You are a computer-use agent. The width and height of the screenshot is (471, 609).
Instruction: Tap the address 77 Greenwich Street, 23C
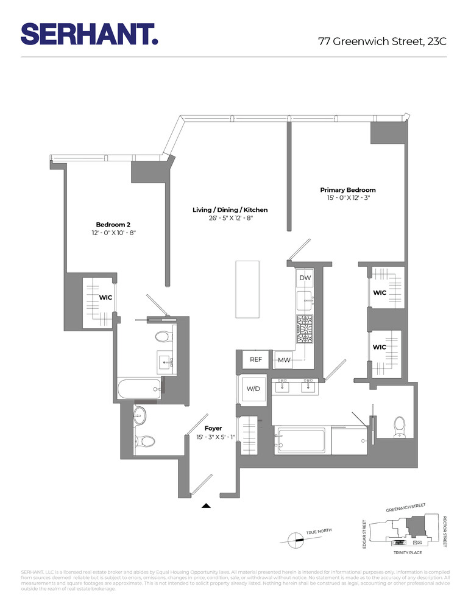point(382,41)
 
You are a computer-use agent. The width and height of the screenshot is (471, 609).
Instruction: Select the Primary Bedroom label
point(348,190)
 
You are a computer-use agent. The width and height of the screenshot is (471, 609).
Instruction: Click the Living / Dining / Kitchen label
point(230,210)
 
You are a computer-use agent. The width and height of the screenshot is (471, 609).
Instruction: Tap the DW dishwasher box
point(305,278)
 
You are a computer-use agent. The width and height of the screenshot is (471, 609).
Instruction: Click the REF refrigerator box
point(256,359)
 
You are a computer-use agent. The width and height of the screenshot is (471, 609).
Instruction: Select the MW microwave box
point(283,360)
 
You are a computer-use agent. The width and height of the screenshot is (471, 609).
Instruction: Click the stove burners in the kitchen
point(305,329)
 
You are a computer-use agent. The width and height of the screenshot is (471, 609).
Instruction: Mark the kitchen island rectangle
point(248,289)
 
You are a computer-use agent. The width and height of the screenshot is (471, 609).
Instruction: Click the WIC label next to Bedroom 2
point(105,298)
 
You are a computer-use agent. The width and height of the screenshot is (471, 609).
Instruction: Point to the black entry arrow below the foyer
point(207,505)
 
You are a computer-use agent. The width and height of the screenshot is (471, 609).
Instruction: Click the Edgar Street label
point(364,534)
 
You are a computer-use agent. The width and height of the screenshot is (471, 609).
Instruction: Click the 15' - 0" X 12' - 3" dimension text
point(348,199)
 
